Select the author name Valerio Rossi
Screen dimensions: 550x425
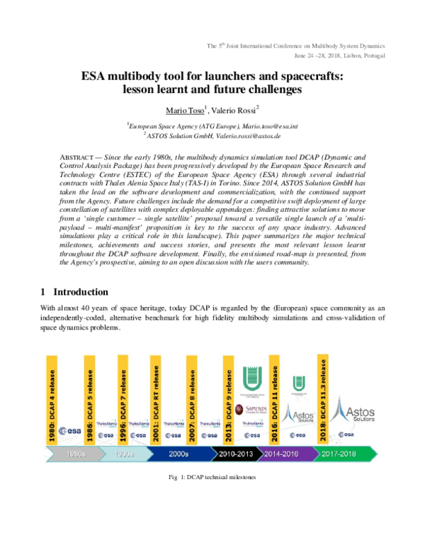[234, 111]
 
